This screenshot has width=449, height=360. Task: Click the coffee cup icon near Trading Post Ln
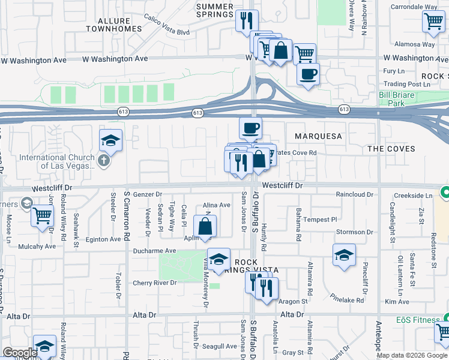click(x=308, y=74)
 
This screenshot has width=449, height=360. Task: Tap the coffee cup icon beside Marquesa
click(x=250, y=127)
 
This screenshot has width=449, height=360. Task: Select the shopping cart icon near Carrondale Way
click(x=433, y=21)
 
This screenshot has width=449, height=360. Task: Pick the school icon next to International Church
click(x=111, y=140)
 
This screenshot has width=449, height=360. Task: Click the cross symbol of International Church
click(x=104, y=160)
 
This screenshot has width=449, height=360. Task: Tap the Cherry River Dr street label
click(x=155, y=283)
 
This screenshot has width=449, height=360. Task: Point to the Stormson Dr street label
click(x=355, y=232)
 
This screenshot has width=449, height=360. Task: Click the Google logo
click(x=20, y=353)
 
